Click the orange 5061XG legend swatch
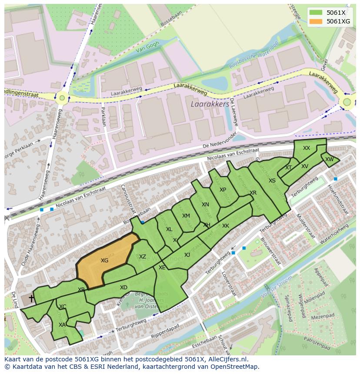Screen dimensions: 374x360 (x=316, y=21)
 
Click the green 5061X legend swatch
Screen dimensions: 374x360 (x=316, y=13)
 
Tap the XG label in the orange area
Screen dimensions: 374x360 (x=104, y=261)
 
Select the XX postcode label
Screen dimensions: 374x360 (x=307, y=148)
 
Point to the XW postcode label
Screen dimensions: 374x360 (x=330, y=159)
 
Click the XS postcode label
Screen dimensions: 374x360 (x=272, y=181)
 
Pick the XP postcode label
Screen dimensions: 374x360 (x=223, y=190)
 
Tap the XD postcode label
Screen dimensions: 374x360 (x=123, y=288)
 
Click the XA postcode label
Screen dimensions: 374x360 (x=62, y=324)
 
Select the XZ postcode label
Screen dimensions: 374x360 (x=143, y=257)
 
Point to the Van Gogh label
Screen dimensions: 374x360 (x=147, y=47)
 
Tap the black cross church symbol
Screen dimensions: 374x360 (x=31, y=298)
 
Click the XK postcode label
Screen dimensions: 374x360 (x=225, y=226)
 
